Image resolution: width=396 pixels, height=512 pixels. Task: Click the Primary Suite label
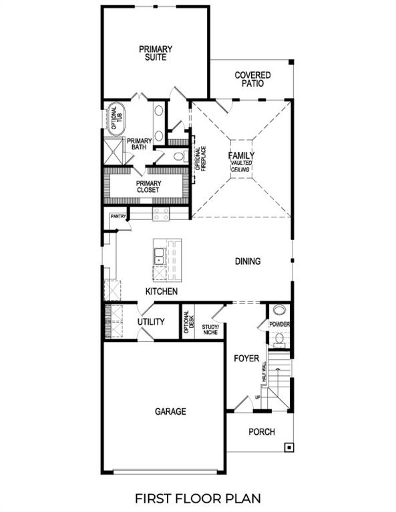coord(156,53)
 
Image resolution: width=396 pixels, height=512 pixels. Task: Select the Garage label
coord(170,411)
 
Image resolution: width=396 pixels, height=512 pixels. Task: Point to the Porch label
coord(262,432)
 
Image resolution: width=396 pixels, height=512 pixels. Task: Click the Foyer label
coord(246,359)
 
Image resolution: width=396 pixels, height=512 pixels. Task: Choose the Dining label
coord(247,261)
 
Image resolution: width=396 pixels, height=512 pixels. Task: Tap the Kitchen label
coord(162,291)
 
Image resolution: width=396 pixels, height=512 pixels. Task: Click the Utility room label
coord(151,322)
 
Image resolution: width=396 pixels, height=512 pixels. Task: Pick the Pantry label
coord(119,216)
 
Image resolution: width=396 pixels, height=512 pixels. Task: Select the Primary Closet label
coord(148,187)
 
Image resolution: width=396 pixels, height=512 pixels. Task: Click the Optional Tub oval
coord(114,119)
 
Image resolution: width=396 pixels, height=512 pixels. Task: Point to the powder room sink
coord(279,310)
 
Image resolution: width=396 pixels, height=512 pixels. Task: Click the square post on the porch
coord(288,447)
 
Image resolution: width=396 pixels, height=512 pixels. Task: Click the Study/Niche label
coord(211,328)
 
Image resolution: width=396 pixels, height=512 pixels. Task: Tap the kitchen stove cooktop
coord(161,213)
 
